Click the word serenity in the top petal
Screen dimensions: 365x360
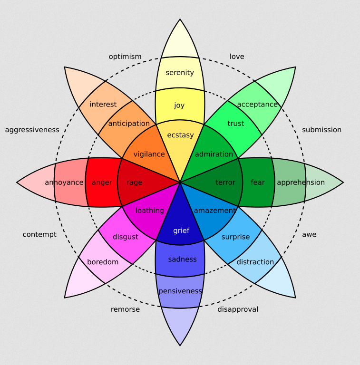point(180,73)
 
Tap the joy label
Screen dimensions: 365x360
point(179,106)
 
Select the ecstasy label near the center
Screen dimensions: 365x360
point(180,135)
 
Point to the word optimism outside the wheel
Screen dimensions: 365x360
point(125,57)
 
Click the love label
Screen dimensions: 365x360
point(237,57)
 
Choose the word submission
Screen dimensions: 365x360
point(321,130)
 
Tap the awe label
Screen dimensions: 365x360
point(309,234)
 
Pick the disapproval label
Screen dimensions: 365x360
point(238,309)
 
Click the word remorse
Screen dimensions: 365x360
point(125,309)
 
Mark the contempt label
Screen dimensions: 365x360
point(39,234)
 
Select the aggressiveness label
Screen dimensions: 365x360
point(32,130)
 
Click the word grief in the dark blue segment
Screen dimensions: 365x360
point(181,231)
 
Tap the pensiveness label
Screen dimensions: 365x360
point(180,291)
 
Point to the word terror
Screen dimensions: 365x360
point(225,182)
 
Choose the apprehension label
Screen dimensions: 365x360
point(301,182)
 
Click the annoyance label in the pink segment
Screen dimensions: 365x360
point(64,182)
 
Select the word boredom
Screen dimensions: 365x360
point(103,262)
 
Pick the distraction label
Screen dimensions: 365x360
point(255,262)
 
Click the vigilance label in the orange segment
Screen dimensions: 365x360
point(149,154)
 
